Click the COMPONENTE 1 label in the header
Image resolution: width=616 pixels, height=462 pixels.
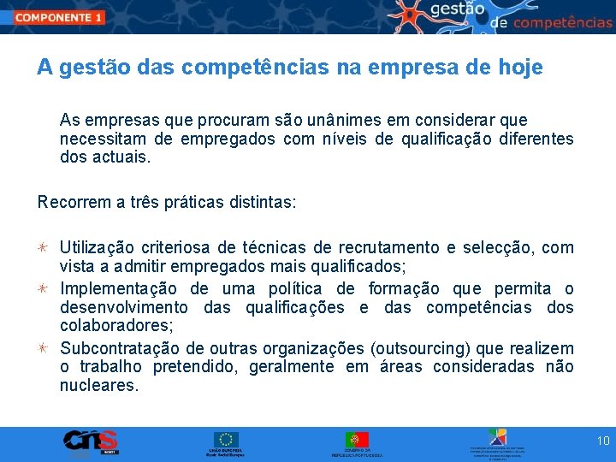coord(59,16)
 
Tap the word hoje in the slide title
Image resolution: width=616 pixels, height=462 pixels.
coord(518,68)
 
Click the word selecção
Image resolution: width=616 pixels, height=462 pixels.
coord(497,248)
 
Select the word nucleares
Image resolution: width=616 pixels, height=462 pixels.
coord(98,386)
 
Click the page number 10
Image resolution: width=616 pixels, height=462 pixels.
coord(602,441)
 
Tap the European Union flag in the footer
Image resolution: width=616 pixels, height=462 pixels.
coord(227,440)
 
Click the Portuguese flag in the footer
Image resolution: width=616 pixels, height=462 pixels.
coord(357,440)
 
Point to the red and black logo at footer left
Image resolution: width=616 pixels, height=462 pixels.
coord(90,441)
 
